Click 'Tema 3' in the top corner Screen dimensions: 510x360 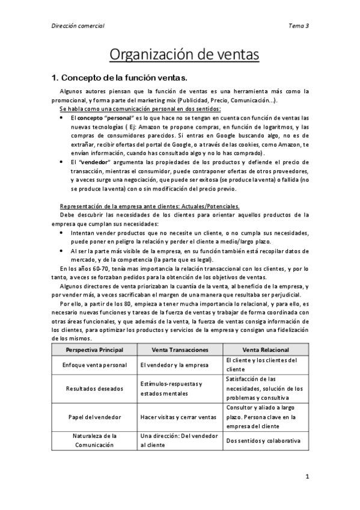click(299, 26)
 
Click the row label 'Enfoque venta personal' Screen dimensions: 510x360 click(94, 364)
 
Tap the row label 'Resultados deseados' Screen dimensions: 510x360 click(94, 388)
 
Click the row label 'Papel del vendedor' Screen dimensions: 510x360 click(94, 416)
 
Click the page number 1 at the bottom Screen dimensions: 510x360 click(307, 477)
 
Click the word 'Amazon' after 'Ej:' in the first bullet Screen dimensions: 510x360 click(161, 127)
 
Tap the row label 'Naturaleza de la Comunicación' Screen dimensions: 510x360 click(94, 440)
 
